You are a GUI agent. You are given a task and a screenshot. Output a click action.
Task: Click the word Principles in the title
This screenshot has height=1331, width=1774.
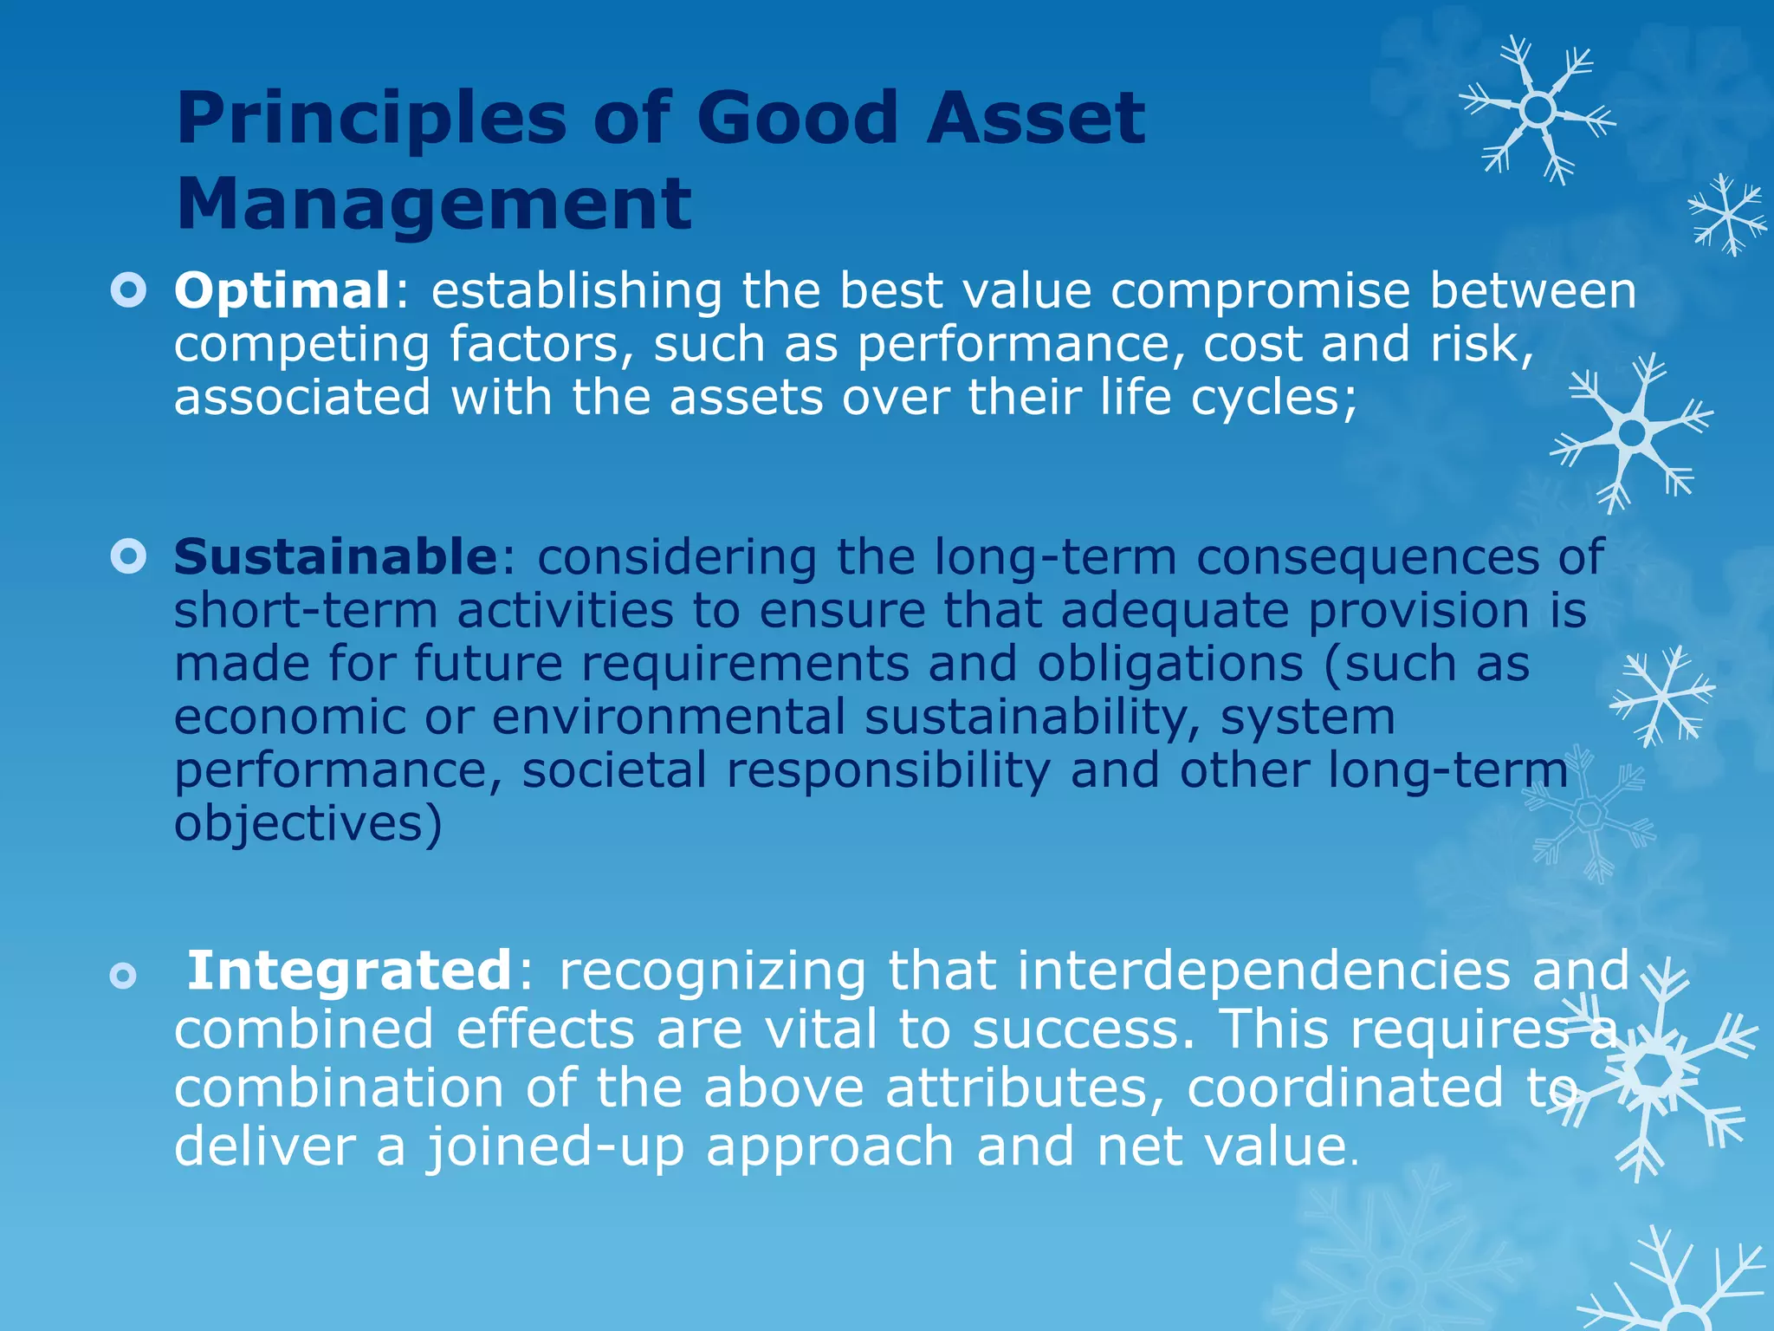(371, 119)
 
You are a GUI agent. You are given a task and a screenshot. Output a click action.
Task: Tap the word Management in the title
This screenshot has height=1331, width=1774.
(434, 205)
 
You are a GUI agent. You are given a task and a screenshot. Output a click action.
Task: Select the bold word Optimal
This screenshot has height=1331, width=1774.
(282, 290)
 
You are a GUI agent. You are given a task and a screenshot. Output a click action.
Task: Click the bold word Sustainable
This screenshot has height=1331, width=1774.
(334, 556)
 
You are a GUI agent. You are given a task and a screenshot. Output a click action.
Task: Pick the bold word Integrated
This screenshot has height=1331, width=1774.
(350, 970)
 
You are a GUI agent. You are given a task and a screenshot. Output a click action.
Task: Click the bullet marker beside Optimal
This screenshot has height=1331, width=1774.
(129, 291)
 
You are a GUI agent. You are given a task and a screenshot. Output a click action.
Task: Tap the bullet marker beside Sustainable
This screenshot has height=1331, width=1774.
(129, 557)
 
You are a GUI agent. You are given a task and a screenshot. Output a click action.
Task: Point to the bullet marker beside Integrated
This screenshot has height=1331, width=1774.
(124, 977)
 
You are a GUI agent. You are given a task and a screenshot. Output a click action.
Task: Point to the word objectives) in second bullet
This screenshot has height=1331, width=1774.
(308, 823)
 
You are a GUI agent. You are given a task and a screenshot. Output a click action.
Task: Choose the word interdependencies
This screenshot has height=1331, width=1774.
(1263, 970)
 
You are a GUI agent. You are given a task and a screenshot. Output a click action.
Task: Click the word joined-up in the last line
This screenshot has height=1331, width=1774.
(555, 1146)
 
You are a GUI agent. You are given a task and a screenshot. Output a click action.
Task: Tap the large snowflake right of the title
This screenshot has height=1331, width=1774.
(1538, 110)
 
